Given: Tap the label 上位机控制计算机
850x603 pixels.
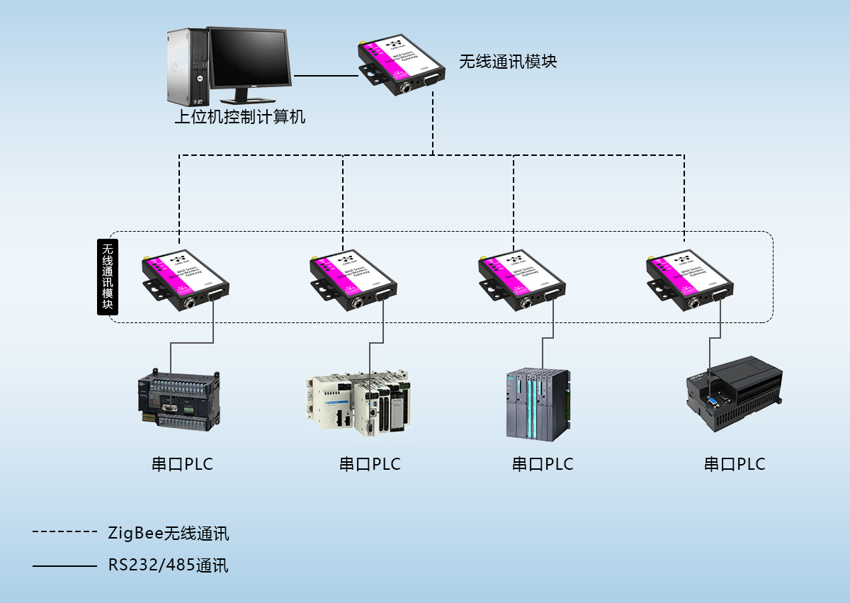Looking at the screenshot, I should point(240,117).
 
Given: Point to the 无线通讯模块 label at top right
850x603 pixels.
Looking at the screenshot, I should point(508,62).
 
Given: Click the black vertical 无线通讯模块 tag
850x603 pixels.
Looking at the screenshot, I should point(108,276).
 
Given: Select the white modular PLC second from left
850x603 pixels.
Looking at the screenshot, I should point(358,400).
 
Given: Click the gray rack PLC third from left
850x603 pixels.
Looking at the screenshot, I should point(538,404).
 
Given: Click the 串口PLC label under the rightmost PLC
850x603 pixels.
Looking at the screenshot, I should point(735,465).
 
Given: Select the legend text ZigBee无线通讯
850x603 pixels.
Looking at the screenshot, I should point(169,533).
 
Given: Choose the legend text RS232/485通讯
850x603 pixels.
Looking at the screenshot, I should point(169,565).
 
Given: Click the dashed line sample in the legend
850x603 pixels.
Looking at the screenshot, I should point(64,531).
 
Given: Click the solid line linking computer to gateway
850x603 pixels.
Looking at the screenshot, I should point(326,75).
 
